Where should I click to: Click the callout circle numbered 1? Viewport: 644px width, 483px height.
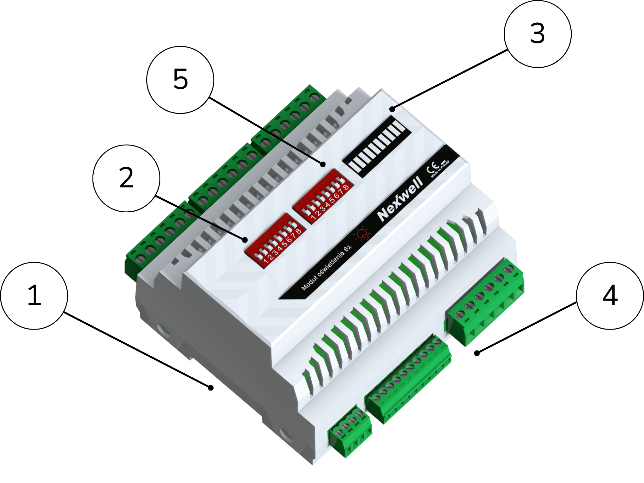[x=34, y=296]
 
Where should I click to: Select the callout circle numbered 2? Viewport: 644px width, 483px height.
[x=126, y=178]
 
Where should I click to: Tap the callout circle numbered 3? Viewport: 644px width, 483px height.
[x=538, y=34]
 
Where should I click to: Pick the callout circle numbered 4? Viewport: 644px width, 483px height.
[x=610, y=296]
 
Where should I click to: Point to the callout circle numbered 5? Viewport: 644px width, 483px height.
[x=180, y=80]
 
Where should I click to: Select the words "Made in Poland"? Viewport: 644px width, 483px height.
[x=440, y=169]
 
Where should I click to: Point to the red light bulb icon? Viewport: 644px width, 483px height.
[x=362, y=233]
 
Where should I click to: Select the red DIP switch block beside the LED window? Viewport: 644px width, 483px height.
[x=323, y=196]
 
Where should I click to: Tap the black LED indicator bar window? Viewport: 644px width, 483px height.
[x=377, y=147]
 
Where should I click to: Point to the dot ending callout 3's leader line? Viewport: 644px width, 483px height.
[x=392, y=109]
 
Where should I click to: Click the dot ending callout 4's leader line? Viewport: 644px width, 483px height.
[x=477, y=353]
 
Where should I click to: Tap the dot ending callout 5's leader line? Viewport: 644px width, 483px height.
[x=323, y=164]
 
